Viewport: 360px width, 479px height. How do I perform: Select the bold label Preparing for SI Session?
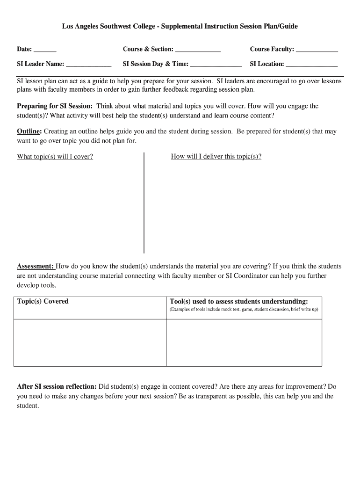[55, 106]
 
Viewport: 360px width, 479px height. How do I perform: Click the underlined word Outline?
[29, 131]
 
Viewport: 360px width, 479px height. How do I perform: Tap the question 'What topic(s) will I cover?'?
[55, 157]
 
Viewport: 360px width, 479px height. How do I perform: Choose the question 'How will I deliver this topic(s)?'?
[216, 157]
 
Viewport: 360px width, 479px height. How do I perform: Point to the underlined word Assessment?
[36, 266]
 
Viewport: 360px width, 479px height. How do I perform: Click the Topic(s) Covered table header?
[43, 301]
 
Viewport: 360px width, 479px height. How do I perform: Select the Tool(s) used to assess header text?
[238, 301]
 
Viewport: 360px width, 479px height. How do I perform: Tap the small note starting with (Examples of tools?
[243, 310]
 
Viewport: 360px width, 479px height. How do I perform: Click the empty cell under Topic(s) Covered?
[90, 342]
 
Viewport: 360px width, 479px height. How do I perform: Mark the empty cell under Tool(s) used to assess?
[244, 342]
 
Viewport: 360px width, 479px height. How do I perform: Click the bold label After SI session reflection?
[57, 387]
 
